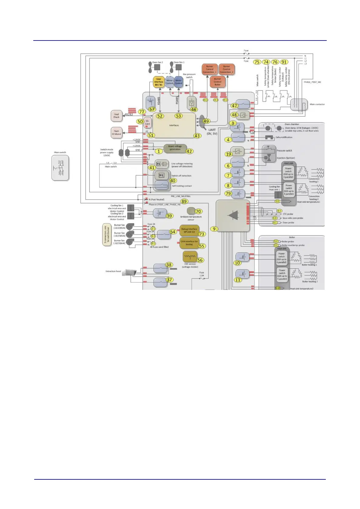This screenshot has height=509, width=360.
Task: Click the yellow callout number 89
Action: [184, 201]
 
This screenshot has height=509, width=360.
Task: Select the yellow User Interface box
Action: [159, 82]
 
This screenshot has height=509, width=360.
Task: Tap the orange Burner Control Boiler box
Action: [218, 82]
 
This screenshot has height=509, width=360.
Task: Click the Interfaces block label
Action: [174, 125]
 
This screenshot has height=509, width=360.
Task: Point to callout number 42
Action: [189, 151]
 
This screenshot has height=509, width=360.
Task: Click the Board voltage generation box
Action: [175, 148]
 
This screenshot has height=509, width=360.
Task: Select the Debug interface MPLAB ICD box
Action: [189, 231]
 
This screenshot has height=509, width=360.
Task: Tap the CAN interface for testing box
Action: [189, 243]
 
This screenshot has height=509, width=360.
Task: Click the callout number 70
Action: [198, 211]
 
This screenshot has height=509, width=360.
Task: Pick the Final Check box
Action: [116, 116]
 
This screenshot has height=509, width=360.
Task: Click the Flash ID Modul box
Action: [116, 132]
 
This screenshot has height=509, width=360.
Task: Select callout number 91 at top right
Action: [284, 62]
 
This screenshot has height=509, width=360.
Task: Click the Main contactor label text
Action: [317, 104]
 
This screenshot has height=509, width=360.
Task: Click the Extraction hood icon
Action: [129, 272]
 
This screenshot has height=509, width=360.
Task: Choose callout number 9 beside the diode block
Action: [214, 229]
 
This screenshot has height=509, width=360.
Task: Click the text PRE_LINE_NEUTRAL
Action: [181, 196]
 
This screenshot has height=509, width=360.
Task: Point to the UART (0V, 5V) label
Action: [212, 132]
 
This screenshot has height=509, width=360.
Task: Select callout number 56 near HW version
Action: [200, 260]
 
